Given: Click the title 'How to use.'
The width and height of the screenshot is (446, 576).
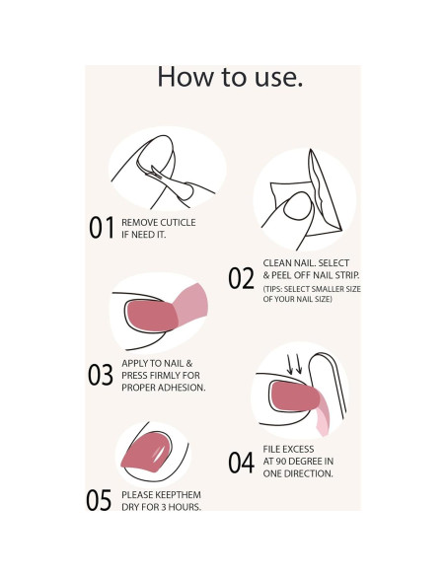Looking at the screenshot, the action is coord(230,77).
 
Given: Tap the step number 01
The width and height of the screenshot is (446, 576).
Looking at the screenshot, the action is coord(102,228).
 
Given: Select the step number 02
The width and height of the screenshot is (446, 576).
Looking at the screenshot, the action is coord(241,278).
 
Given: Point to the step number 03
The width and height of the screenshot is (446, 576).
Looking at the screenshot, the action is coord(101,375).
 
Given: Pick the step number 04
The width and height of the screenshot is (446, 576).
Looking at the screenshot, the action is coord(241,463).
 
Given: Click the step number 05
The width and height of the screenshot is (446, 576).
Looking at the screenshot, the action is coord(99,500).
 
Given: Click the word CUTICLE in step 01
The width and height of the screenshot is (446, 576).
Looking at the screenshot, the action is coord(178,223).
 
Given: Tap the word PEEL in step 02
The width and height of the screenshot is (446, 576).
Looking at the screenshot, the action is coord(281,275).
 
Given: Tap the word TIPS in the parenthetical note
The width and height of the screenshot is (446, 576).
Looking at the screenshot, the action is coord(273,289).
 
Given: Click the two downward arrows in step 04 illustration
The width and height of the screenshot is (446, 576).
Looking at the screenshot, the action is coord(295,364).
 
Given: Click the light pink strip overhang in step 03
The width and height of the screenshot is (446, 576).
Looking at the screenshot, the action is coord(191,304).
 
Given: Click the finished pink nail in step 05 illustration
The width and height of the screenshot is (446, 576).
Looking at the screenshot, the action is coord(146,452).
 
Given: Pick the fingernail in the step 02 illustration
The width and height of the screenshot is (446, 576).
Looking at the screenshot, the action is coord(298,206).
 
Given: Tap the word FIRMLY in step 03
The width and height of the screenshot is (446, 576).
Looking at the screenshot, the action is coord(165,376).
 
